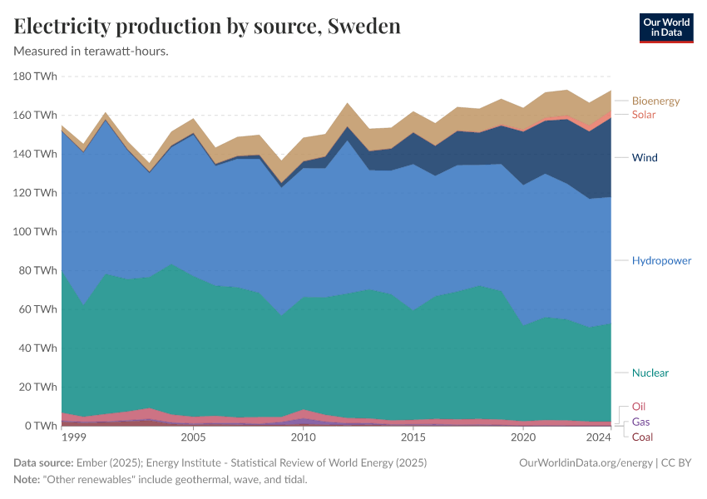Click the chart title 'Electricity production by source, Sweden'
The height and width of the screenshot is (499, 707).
207,26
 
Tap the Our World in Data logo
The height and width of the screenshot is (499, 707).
665,27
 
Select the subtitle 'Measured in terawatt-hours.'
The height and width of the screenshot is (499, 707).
91,52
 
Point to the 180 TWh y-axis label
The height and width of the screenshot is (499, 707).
35,77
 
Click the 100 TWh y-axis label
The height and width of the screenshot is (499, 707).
35,232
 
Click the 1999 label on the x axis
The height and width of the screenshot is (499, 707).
73,437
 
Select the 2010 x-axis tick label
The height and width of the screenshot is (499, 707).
303,437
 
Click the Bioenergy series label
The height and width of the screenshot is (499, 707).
655,101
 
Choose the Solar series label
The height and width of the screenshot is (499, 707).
644,115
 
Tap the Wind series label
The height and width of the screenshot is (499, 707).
645,157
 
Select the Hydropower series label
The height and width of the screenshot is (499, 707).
661,260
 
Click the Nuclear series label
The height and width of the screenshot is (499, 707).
650,373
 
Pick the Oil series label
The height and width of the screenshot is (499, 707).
639,407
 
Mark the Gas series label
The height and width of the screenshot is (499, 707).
640,422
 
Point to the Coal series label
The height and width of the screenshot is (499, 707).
642,437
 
